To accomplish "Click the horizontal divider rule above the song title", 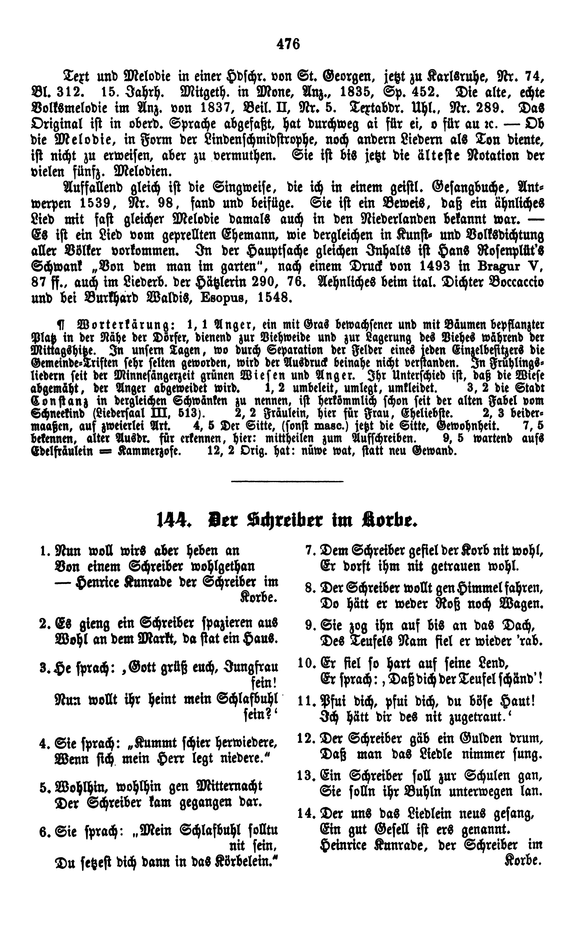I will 288,480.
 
